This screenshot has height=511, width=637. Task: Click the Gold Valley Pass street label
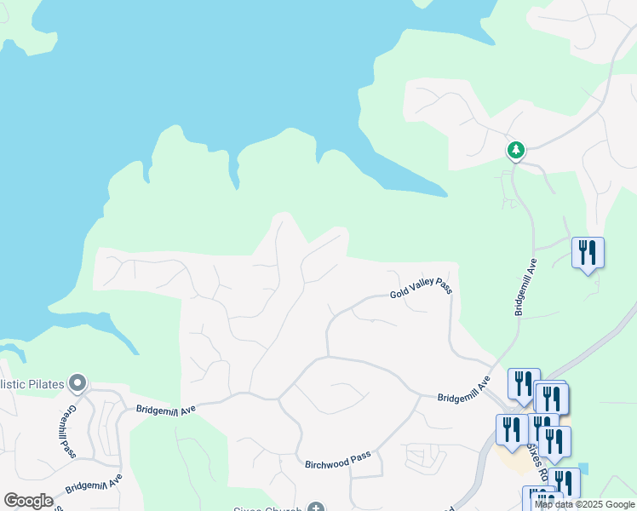[x=421, y=288]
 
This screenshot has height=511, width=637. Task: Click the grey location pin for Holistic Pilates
[x=78, y=383]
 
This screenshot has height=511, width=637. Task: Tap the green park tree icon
[x=515, y=150]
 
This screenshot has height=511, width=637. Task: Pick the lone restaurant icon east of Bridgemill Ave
[x=588, y=253]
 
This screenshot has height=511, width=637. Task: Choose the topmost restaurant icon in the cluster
[x=524, y=382]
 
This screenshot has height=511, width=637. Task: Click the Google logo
[x=28, y=501]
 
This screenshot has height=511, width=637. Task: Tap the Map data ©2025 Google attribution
[x=584, y=505]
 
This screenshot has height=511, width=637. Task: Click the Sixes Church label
[x=269, y=509]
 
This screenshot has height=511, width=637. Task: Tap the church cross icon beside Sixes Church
[x=316, y=508]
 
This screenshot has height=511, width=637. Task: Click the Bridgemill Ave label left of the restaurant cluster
[x=464, y=389]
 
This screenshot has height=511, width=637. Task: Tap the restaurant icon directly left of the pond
[x=564, y=482]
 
